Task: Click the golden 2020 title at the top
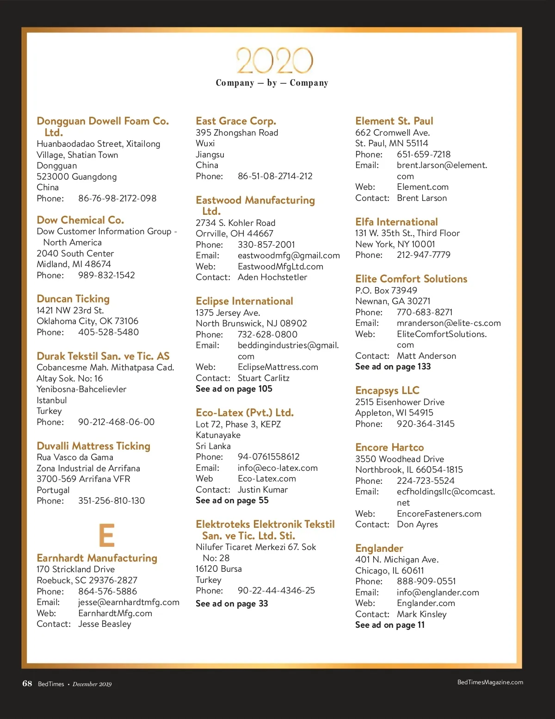tap(275, 61)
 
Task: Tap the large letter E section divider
tap(107, 535)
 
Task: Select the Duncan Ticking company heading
tap(73, 299)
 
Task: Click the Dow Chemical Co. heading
tap(80, 220)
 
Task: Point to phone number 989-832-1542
tap(106, 275)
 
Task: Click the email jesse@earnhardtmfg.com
tap(129, 602)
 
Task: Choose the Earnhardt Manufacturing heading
tap(97, 558)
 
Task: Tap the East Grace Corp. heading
tap(236, 121)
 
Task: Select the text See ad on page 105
tap(234, 389)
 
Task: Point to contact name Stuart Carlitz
tap(264, 378)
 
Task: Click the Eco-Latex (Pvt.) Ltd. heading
tap(245, 413)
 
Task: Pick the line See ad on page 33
tap(232, 604)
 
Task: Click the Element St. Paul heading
tap(394, 121)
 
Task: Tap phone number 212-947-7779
tap(423, 255)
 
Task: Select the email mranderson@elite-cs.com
tap(449, 323)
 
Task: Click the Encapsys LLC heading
tap(387, 390)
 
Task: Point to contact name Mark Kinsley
tap(422, 614)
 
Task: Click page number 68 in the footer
tap(27, 684)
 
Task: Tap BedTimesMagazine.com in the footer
tap(490, 682)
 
